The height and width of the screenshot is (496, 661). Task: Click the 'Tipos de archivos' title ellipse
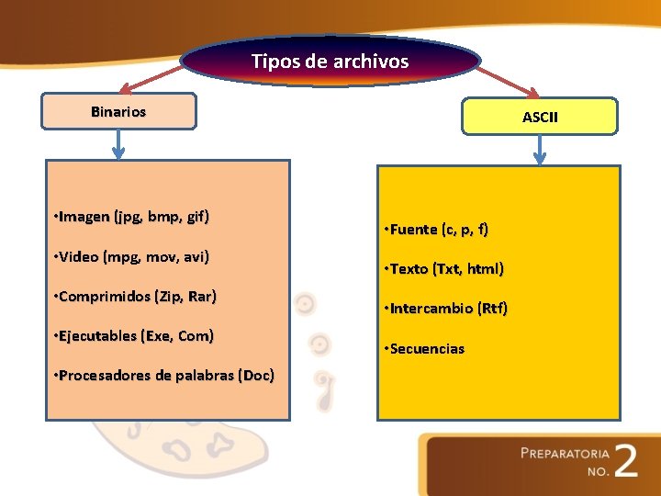(330, 62)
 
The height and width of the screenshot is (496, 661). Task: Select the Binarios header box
(118, 111)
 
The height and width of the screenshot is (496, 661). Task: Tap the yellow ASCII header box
(540, 117)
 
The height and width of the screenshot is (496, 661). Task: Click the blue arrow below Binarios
(118, 143)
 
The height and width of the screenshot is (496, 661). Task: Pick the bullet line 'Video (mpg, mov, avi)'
(131, 257)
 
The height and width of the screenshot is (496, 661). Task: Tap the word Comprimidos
(105, 297)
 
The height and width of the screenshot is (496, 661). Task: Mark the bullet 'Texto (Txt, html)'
(445, 269)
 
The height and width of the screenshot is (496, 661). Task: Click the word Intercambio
(432, 309)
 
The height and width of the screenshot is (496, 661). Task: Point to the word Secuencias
(427, 349)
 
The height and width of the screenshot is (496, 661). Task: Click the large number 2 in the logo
(626, 461)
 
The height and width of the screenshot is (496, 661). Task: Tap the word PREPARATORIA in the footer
(565, 454)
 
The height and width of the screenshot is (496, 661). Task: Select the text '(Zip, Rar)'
(186, 297)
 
